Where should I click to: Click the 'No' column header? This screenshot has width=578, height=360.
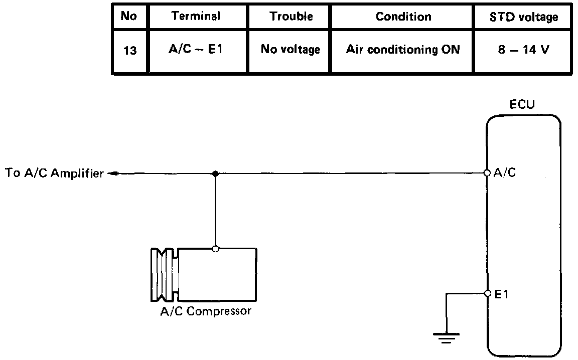pyautogui.click(x=129, y=16)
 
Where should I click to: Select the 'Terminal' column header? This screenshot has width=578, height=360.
pyautogui.click(x=196, y=16)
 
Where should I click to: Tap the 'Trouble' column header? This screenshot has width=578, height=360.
pyautogui.click(x=291, y=16)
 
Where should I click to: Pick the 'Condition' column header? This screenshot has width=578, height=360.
pyautogui.click(x=403, y=17)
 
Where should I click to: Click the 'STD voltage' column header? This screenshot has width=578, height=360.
pyautogui.click(x=524, y=17)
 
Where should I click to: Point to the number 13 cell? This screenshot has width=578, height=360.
pyautogui.click(x=129, y=51)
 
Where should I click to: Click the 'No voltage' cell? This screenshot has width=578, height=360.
pyautogui.click(x=291, y=50)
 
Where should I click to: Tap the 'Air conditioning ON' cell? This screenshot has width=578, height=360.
pyautogui.click(x=403, y=50)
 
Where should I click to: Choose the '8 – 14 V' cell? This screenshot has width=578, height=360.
pyautogui.click(x=524, y=50)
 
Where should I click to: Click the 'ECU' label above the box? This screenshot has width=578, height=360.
pyautogui.click(x=522, y=105)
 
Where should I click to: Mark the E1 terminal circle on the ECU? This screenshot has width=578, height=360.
pyautogui.click(x=487, y=294)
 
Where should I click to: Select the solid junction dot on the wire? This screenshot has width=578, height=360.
pyautogui.click(x=215, y=173)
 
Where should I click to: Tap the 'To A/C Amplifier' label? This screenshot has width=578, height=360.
pyautogui.click(x=54, y=173)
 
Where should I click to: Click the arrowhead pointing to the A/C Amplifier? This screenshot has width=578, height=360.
pyautogui.click(x=113, y=174)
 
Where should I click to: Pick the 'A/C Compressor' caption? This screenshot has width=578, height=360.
pyautogui.click(x=206, y=311)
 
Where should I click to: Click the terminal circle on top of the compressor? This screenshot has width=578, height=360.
pyautogui.click(x=215, y=248)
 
